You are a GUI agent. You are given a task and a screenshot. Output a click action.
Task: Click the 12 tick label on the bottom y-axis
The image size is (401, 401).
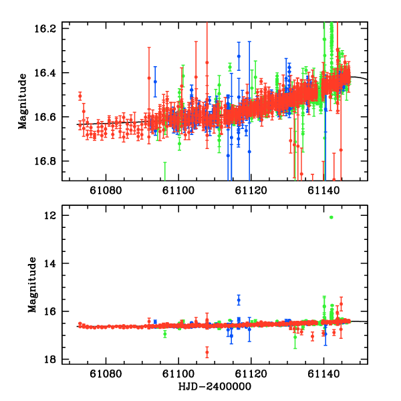(x=54, y=216)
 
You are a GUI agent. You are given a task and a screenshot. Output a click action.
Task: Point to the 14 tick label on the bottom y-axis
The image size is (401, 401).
(x=54, y=264)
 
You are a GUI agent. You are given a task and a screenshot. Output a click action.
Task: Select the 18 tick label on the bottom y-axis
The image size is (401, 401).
(x=54, y=360)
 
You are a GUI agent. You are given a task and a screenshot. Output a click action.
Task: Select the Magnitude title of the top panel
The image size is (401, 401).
(x=23, y=104)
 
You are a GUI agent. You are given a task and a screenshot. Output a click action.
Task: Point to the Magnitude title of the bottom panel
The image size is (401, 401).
(x=31, y=288)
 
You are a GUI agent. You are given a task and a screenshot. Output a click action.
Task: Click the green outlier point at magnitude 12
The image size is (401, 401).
(x=331, y=217)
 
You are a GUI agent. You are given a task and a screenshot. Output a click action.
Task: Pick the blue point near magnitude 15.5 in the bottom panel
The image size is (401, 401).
(x=238, y=299)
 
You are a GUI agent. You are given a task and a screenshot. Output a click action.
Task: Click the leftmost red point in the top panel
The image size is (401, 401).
(x=80, y=96)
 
